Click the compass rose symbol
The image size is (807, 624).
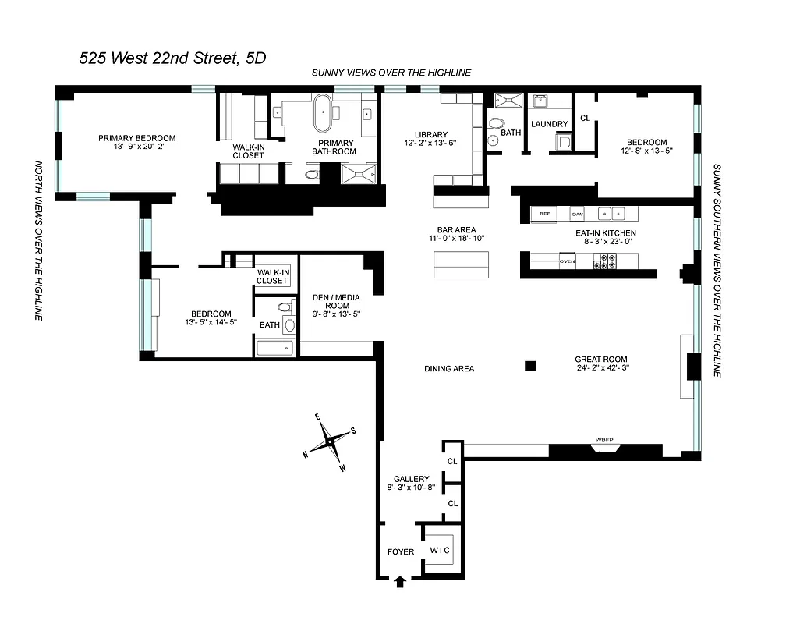pyautogui.click(x=330, y=442)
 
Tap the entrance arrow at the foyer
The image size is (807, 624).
pyautogui.click(x=401, y=581)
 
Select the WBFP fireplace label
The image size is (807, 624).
pyautogui.click(x=605, y=440)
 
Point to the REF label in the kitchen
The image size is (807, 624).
pyautogui.click(x=544, y=213)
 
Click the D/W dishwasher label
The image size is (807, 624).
pyautogui.click(x=577, y=213)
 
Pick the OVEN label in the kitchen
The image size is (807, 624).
pyautogui.click(x=567, y=261)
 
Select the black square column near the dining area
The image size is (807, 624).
pyautogui.click(x=530, y=365)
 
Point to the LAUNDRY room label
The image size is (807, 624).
pyautogui.click(x=550, y=124)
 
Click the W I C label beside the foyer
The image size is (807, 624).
pyautogui.click(x=440, y=550)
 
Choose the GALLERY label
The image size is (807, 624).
pyautogui.click(x=411, y=479)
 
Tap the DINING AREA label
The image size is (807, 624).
pyautogui.click(x=449, y=369)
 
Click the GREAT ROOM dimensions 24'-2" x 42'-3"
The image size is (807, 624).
pyautogui.click(x=601, y=367)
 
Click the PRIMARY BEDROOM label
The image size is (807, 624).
pyautogui.click(x=136, y=138)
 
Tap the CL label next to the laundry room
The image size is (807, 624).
pyautogui.click(x=585, y=119)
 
